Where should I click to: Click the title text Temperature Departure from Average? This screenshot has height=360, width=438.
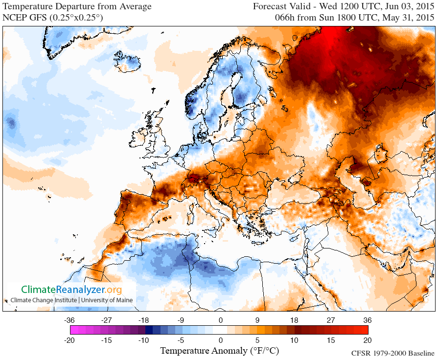coord(77,7)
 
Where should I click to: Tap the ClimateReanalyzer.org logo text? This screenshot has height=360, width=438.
coord(71,290)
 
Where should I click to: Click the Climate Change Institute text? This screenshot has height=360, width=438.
coord(44,300)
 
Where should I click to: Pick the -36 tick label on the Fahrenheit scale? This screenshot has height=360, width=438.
coord(69,320)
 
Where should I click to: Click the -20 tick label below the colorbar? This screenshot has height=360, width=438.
coord(69,340)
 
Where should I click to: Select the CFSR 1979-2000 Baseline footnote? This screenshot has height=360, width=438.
coord(393,353)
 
